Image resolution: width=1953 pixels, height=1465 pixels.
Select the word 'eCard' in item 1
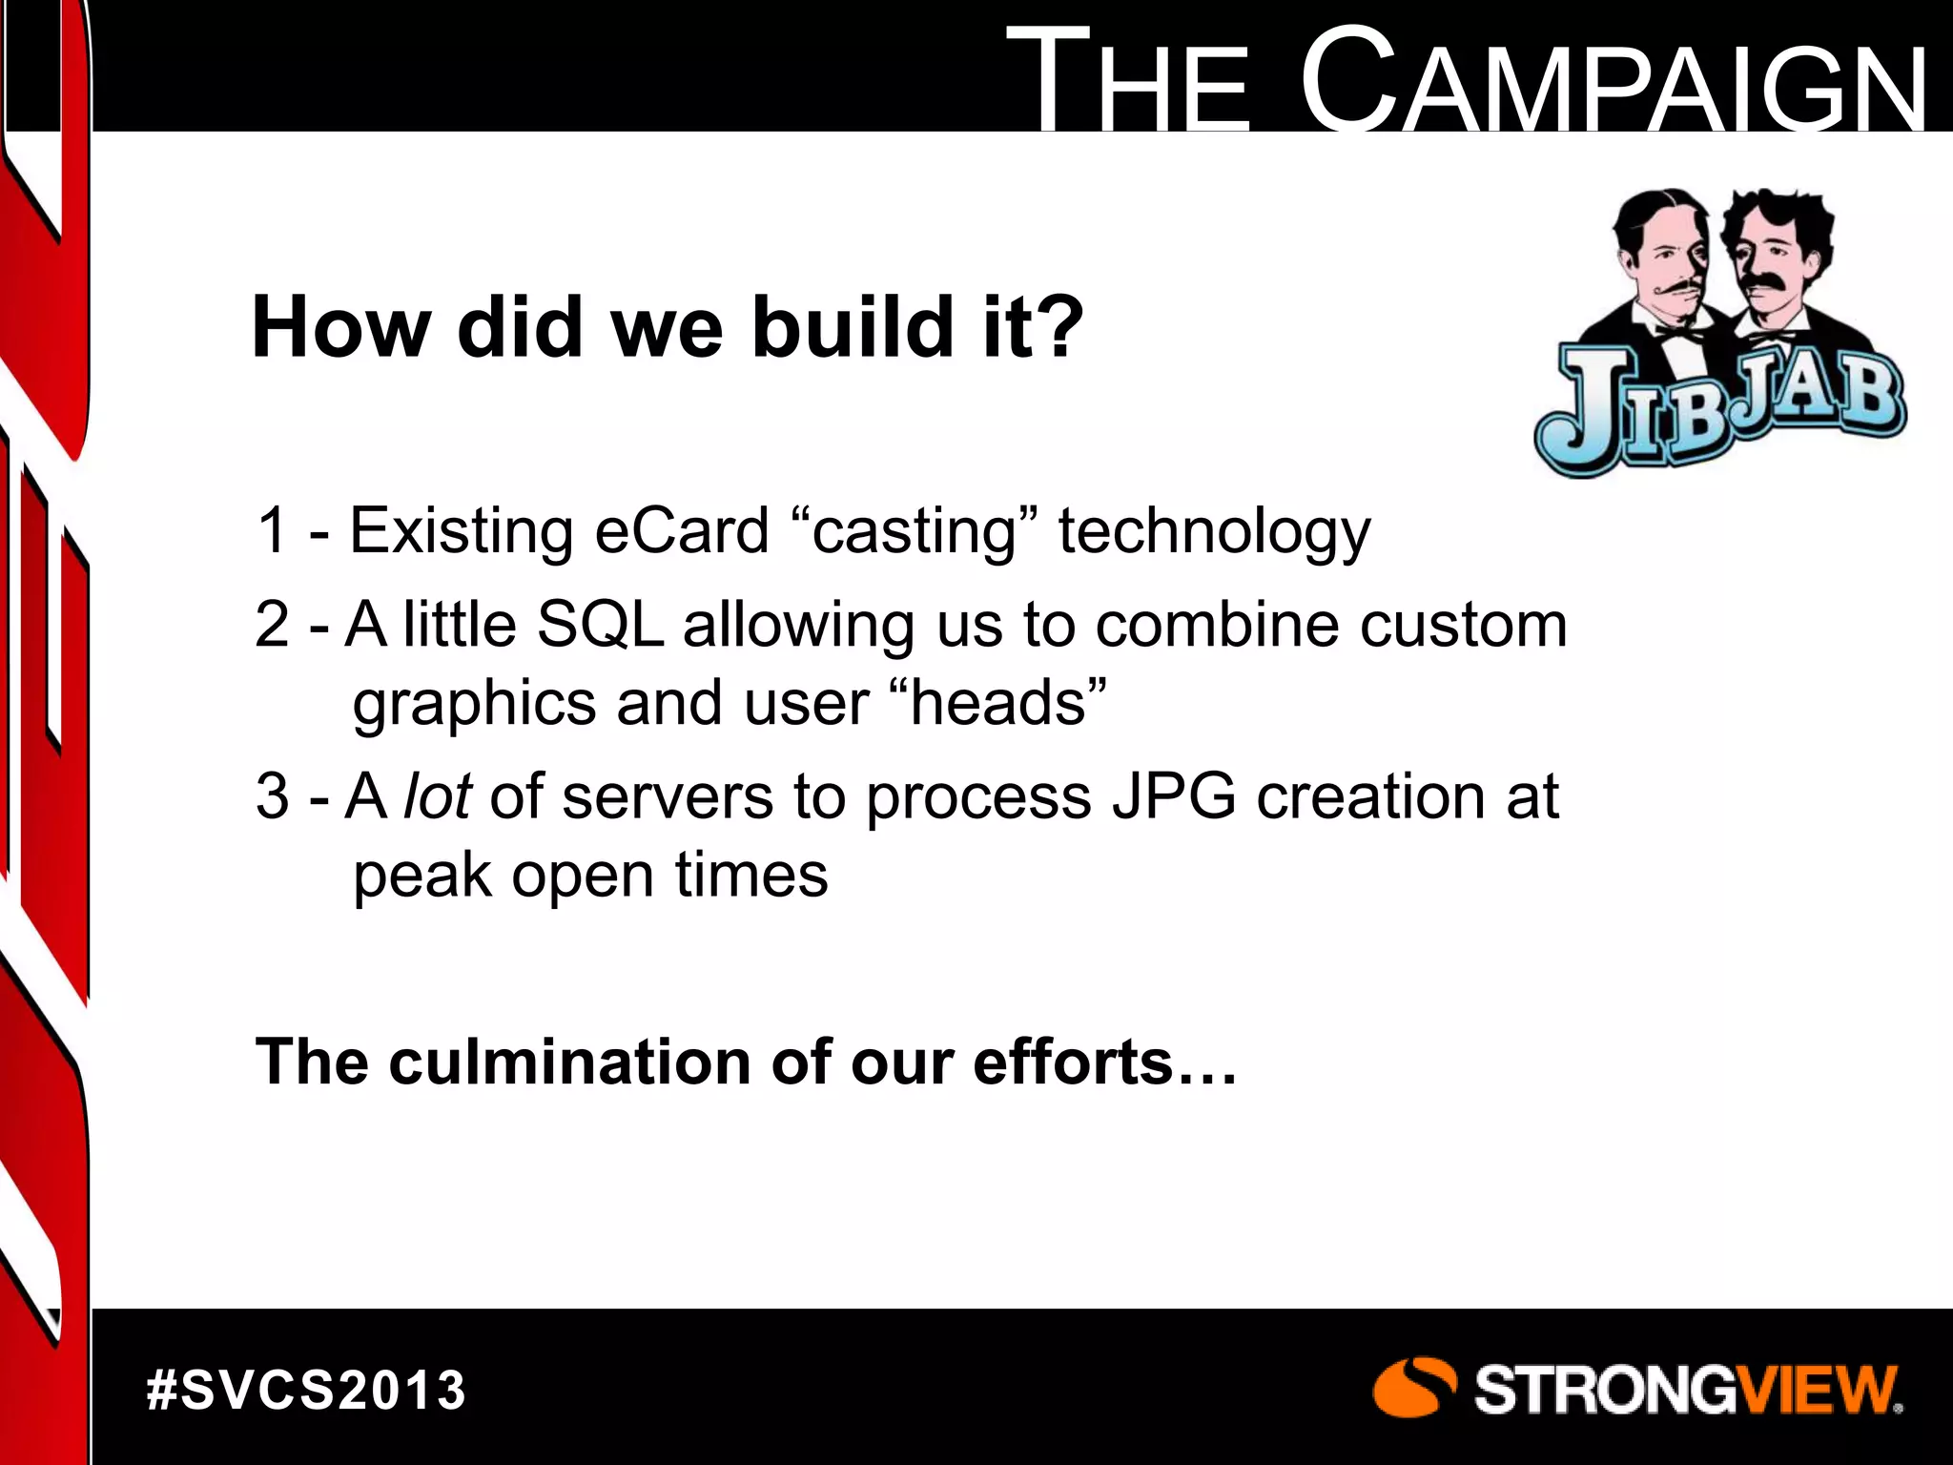click(681, 530)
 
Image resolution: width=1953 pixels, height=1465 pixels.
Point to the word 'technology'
click(1214, 532)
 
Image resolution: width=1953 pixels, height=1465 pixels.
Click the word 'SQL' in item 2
click(600, 625)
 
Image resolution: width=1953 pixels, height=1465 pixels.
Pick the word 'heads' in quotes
click(998, 703)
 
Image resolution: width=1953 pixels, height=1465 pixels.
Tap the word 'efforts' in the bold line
click(1072, 1062)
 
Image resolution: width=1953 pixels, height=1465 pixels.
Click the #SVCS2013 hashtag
click(306, 1390)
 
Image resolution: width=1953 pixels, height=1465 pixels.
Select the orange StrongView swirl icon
click(1413, 1387)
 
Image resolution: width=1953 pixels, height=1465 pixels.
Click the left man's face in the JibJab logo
click(1660, 258)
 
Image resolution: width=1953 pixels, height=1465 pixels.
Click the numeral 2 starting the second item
click(272, 625)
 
